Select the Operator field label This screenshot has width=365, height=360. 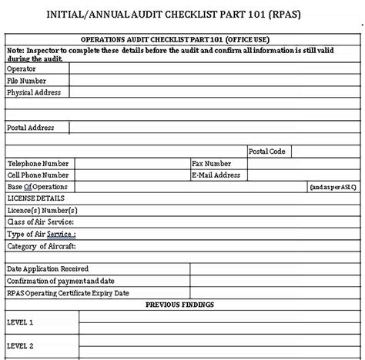coord(21,68)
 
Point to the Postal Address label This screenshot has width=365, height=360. coord(31,128)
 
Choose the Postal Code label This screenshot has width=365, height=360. coord(266,152)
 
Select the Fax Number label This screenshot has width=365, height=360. coord(212,164)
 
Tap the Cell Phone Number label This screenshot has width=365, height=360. coord(38,175)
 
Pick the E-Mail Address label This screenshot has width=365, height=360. coord(216,175)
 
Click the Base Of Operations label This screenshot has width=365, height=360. coord(37,187)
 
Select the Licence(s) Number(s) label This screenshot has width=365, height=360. coord(42,210)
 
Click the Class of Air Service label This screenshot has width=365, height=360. coord(41,222)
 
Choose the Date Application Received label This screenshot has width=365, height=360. coord(48,269)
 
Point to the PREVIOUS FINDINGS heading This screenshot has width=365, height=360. coord(182,305)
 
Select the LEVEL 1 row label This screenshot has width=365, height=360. coord(20,322)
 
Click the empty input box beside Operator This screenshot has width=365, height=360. coord(216,68)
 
